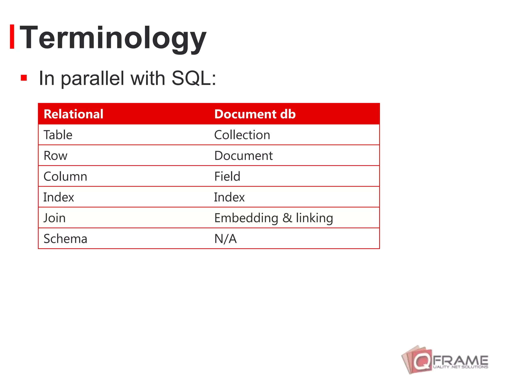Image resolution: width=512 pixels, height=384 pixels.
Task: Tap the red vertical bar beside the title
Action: point(12,37)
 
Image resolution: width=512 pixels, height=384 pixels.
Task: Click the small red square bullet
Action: point(24,78)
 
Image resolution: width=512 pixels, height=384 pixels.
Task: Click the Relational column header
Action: point(73,114)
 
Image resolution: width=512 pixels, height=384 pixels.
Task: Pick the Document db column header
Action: point(255,114)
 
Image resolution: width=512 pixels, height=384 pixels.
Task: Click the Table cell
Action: point(58,135)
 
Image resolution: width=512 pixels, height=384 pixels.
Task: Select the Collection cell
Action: point(242,135)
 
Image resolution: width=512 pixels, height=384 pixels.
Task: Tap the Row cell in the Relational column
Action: point(55,156)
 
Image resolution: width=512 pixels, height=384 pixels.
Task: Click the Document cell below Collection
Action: point(243,156)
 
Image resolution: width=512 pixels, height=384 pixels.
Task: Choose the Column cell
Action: point(65,176)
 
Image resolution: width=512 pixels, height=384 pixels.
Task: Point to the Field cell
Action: point(227,176)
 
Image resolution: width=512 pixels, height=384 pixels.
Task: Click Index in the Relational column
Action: point(58,197)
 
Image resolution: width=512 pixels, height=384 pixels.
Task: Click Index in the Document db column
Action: point(229,197)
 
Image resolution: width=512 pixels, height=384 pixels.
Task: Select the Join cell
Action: point(54,218)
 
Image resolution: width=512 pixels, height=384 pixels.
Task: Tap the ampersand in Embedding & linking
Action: point(287,218)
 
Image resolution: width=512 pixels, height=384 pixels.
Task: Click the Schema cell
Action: point(65,239)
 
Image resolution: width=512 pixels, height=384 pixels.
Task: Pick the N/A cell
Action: point(225,239)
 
